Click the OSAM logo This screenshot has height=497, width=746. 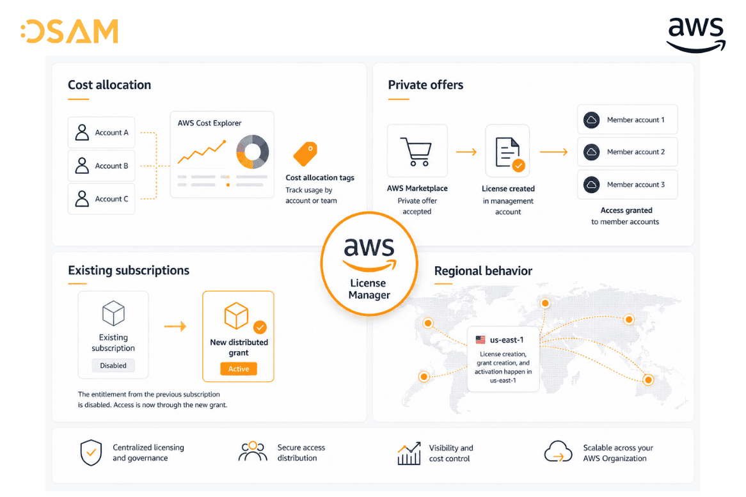[70, 31]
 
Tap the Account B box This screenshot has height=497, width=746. [101, 166]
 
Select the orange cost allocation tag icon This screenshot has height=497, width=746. [305, 154]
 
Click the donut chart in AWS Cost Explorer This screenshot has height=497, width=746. [253, 152]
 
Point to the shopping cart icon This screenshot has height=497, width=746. [417, 152]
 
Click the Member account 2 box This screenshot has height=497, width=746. [628, 152]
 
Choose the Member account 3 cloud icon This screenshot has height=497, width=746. [591, 184]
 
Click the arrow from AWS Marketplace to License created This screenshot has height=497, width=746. [466, 152]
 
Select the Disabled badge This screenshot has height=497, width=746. [113, 365]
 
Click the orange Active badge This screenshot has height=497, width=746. [239, 368]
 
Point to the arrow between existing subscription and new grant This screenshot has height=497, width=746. [175, 326]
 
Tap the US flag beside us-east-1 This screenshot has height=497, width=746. [480, 340]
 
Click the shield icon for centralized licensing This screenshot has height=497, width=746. [91, 453]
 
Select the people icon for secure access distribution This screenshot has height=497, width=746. [253, 452]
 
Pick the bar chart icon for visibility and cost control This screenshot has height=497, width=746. [409, 454]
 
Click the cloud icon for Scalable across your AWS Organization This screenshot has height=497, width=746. [558, 452]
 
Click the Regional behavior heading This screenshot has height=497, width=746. [483, 271]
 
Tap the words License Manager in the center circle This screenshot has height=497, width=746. [369, 289]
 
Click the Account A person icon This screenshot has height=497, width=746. [82, 132]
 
